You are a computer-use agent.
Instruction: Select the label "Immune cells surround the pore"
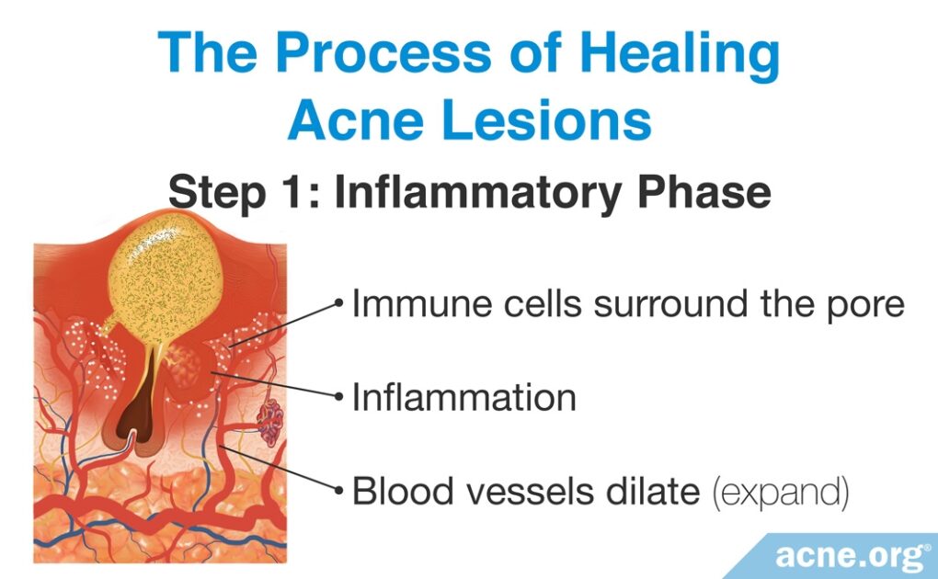[628, 303]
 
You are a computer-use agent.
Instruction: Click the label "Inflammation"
[464, 398]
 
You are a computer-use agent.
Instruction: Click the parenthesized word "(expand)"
[781, 493]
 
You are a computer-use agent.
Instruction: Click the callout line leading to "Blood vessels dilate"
[285, 469]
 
